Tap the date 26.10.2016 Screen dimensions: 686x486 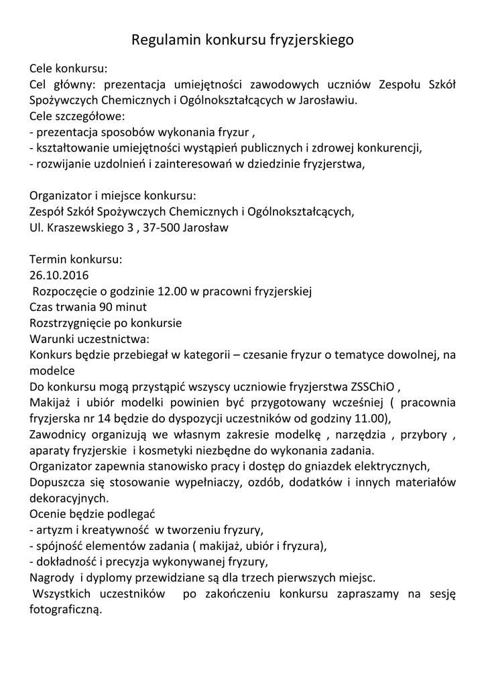click(59, 275)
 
